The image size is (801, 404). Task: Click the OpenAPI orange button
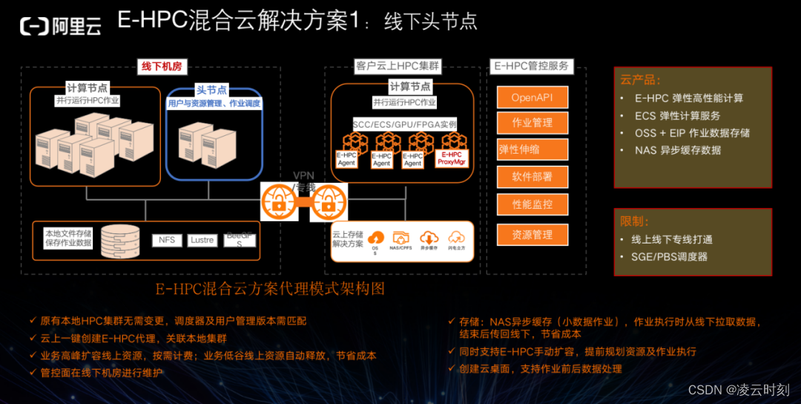(532, 98)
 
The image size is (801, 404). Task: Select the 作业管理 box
(532, 123)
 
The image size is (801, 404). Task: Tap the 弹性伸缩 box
(532, 149)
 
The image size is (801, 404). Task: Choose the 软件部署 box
(532, 177)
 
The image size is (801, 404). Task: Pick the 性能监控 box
(532, 204)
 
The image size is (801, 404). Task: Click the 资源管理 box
(532, 235)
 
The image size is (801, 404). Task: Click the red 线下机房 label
(162, 67)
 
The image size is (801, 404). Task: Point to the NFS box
(167, 241)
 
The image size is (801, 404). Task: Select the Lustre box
(202, 241)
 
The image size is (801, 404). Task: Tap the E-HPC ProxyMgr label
(451, 158)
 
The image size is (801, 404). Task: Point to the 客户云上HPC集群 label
(397, 66)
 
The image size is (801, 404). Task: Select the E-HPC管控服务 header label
(532, 66)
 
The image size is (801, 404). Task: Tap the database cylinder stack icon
(119, 238)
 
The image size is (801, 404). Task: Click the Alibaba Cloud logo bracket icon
(34, 27)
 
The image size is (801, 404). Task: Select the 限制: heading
(635, 221)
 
